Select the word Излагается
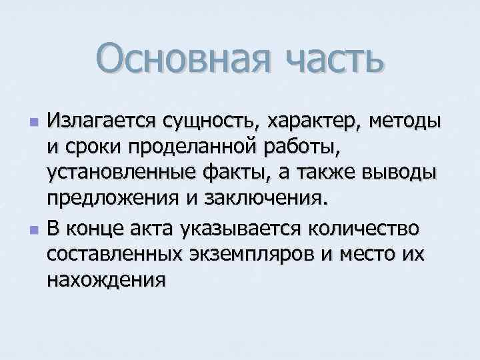[x=103, y=123]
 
